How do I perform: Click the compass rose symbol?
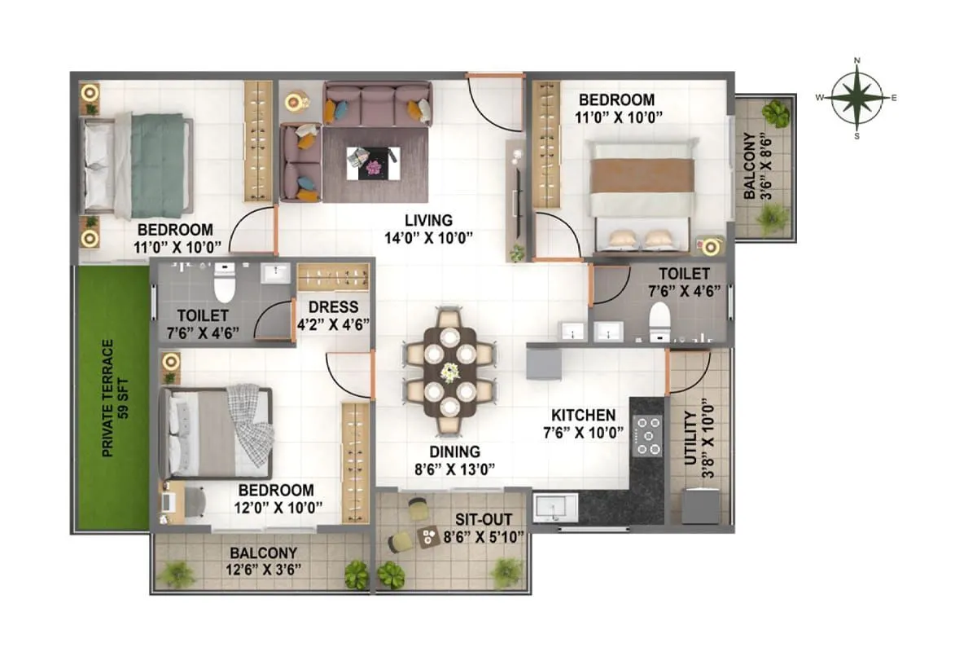(857, 98)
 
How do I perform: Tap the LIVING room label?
(428, 220)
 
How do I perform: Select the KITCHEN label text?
(583, 415)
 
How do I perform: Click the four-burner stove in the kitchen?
(648, 435)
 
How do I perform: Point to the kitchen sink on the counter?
(555, 508)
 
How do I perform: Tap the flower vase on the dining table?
(449, 372)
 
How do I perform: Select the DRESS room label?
(333, 307)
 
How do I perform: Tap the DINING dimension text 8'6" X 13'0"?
(455, 468)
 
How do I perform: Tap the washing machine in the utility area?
(699, 505)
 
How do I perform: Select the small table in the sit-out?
(427, 536)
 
